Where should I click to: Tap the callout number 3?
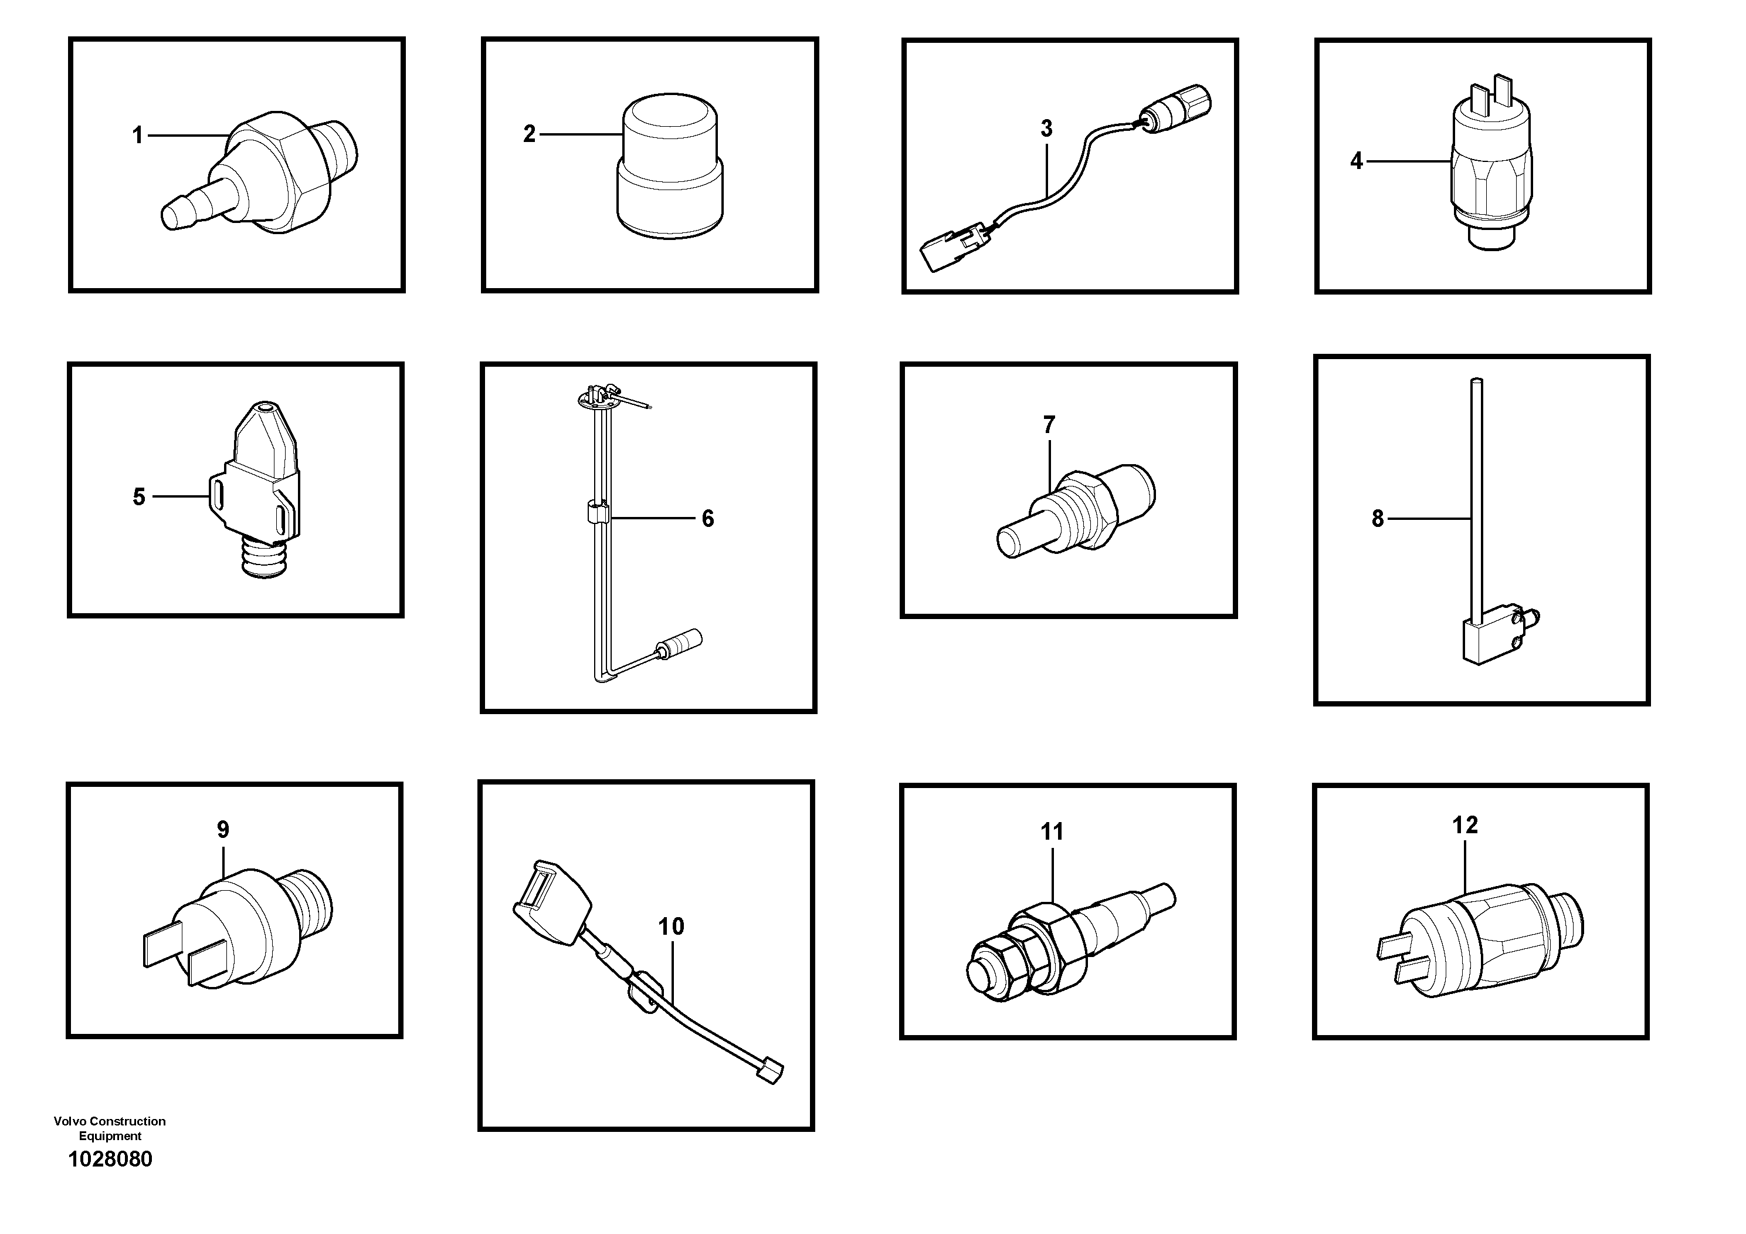(x=1046, y=129)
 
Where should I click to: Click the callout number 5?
(x=138, y=497)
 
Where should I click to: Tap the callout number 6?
(x=707, y=519)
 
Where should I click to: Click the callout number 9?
(x=223, y=829)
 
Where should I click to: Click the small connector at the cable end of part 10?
(x=772, y=1070)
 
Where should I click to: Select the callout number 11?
(x=1052, y=831)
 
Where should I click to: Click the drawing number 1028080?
(x=110, y=1159)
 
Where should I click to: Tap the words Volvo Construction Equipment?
(x=110, y=1128)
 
